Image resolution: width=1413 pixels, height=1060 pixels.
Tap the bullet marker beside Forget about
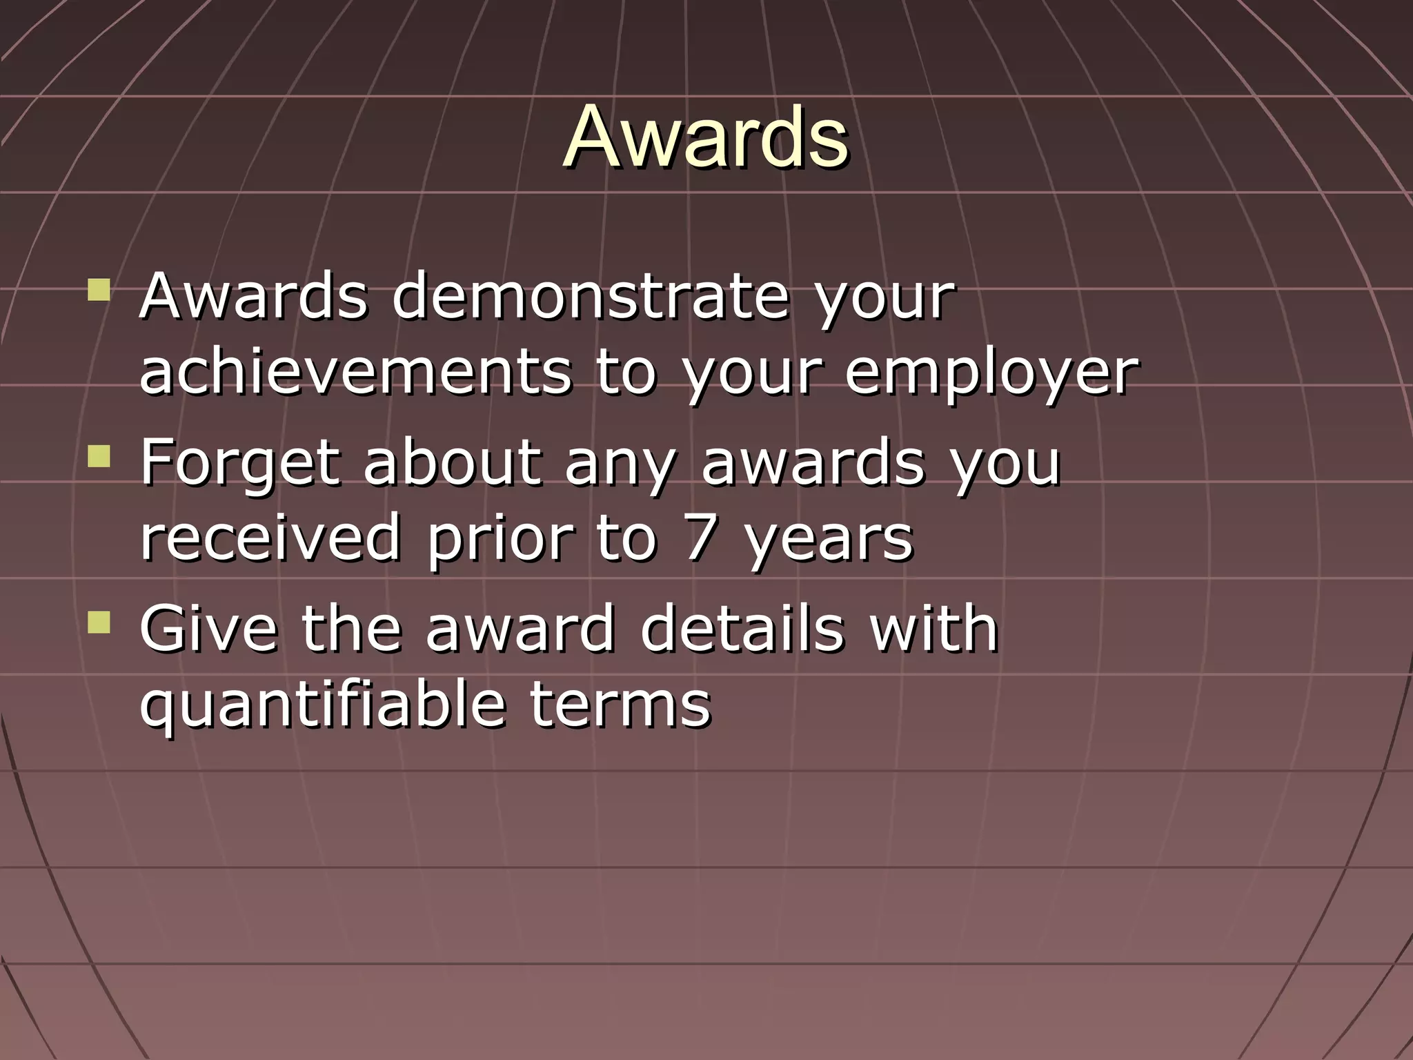tap(99, 455)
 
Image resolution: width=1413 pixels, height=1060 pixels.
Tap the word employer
tap(991, 373)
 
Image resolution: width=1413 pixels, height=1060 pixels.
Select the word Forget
tap(241, 462)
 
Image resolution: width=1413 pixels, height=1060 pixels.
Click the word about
tap(452, 462)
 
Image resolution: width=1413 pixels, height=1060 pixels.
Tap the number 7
tap(699, 538)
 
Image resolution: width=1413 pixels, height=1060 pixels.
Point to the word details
tap(742, 627)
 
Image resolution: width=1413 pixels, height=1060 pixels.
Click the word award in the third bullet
tap(520, 627)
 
